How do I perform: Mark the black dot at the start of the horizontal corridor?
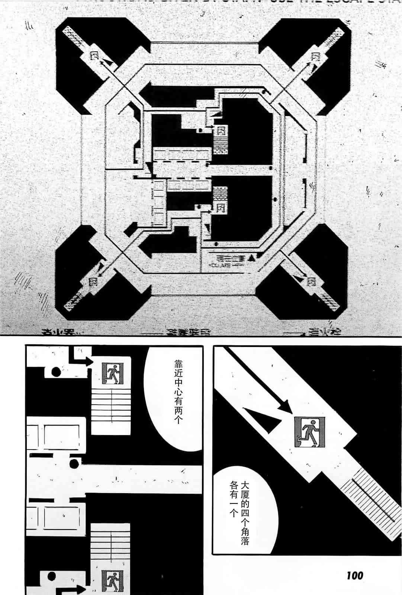[73, 463]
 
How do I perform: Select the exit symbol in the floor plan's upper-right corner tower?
[316, 57]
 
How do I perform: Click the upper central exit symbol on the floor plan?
[222, 131]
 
